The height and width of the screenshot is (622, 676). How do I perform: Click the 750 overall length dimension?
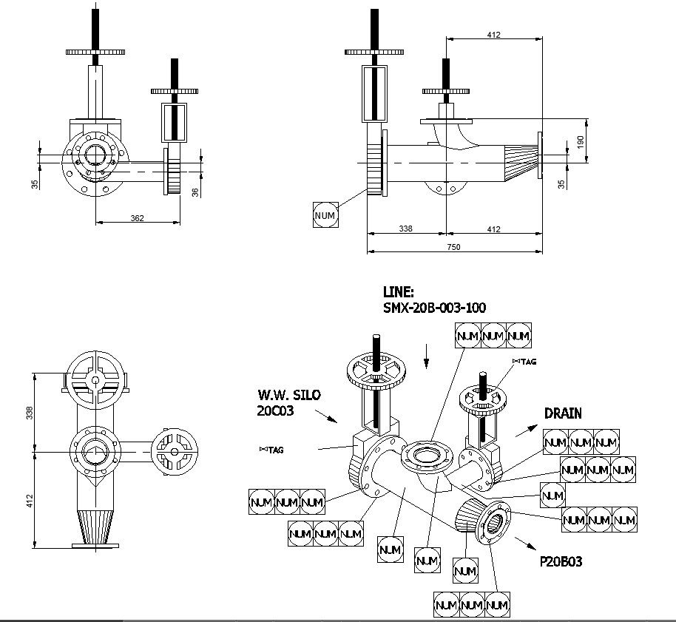point(454,247)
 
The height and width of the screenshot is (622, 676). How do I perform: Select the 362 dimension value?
point(137,217)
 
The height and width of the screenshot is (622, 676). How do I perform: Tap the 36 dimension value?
point(195,192)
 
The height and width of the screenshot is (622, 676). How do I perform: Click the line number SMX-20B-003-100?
point(434,308)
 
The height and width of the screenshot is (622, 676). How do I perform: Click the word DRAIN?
point(563,413)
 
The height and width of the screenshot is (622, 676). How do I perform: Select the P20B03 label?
point(561,561)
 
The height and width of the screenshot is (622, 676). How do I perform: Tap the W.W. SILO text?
point(289,395)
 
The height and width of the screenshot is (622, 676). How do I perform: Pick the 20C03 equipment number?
point(275,410)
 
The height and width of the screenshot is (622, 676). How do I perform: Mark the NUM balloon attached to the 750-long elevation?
point(325,214)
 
